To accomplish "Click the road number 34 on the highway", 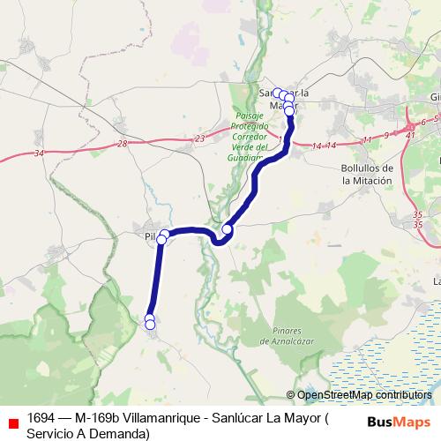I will tap(38, 153).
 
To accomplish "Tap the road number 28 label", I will tap(122, 143).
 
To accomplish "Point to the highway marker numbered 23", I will tap(199, 138).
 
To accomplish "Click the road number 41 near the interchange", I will tap(410, 134).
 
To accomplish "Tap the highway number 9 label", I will tap(386, 135).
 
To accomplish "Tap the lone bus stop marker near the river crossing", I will tap(227, 229).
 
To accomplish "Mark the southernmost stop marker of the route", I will tap(150, 325).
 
